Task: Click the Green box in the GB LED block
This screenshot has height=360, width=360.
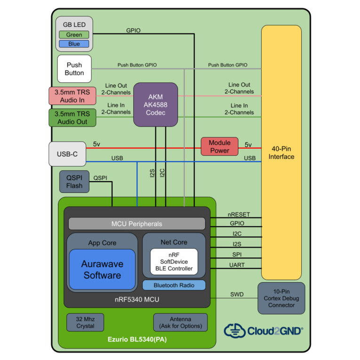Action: tap(74, 35)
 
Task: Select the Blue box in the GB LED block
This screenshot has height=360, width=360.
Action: tap(74, 44)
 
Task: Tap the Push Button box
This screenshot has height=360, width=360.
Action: tap(74, 69)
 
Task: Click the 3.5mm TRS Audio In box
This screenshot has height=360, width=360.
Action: tap(72, 96)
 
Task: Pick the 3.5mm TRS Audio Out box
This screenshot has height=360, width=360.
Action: tap(72, 118)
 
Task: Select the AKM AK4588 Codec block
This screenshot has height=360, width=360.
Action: tap(155, 104)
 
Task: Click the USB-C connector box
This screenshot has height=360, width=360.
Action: tap(67, 154)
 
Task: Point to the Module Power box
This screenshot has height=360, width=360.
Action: tap(219, 146)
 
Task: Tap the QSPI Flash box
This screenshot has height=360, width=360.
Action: tap(74, 182)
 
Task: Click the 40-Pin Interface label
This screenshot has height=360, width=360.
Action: tap(281, 153)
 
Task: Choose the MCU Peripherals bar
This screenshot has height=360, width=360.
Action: tap(137, 224)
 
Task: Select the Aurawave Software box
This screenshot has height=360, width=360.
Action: tap(102, 270)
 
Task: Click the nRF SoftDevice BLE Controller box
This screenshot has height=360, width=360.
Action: tap(174, 262)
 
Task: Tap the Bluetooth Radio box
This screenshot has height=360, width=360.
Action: tap(174, 285)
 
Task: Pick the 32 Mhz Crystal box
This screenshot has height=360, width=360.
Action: tap(85, 322)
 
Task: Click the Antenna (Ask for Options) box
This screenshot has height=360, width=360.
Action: tap(180, 322)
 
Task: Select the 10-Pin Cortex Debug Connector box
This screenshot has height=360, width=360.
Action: tap(281, 298)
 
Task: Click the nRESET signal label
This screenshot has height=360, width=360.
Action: tap(238, 215)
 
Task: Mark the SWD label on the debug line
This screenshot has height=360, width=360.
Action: tap(237, 294)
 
